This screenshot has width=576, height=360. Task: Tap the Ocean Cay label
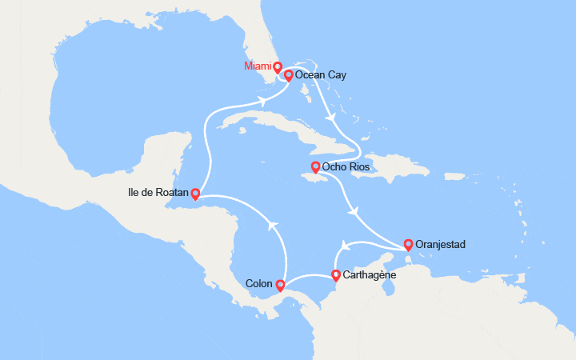coord(321,75)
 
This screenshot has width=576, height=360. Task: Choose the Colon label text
coord(259,284)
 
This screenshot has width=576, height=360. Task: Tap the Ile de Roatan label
coord(157,193)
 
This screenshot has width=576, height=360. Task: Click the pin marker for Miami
coord(278,66)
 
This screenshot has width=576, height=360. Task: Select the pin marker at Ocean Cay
coord(288,75)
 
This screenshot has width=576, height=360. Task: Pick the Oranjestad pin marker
coord(409,244)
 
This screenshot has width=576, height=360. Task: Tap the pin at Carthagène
coord(336,275)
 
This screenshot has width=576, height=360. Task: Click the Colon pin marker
coord(280,283)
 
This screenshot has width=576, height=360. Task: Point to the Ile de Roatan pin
coord(195,193)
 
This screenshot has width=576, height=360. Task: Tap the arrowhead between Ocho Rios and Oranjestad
coord(353,211)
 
